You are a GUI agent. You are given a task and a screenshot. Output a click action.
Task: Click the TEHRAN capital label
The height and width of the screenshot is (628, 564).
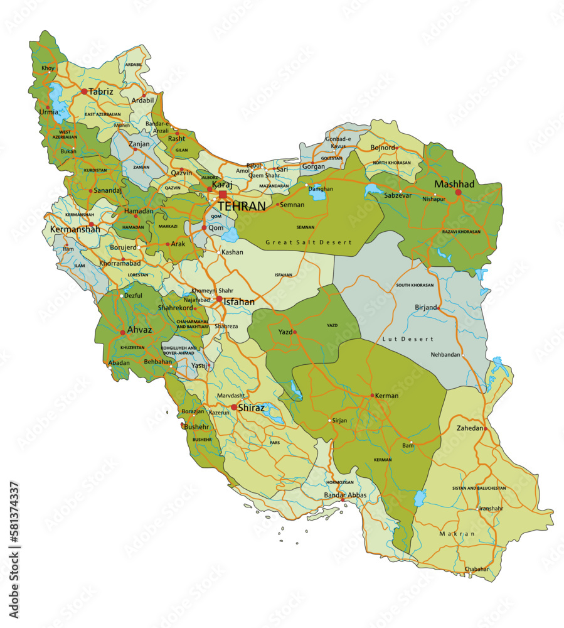(x=242, y=205)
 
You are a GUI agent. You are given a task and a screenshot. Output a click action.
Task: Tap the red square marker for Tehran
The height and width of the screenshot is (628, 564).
(x=223, y=195)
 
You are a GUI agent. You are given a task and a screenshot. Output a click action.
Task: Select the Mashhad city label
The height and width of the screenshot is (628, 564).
(x=454, y=184)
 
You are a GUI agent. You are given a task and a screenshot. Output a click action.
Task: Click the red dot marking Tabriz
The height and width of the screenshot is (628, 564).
(x=84, y=92)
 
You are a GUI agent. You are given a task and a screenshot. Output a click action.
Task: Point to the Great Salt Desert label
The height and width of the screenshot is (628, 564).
(x=308, y=242)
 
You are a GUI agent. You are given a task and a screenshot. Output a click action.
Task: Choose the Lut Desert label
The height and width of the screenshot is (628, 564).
(x=408, y=339)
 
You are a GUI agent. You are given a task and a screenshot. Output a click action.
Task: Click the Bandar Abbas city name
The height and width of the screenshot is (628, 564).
(x=344, y=495)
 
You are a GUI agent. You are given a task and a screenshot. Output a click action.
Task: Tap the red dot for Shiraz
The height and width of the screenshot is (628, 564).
(x=234, y=407)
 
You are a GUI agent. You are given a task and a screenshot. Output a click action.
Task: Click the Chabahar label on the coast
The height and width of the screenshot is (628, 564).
(x=476, y=569)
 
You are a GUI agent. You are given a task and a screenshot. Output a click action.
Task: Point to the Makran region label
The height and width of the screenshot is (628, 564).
(x=457, y=533)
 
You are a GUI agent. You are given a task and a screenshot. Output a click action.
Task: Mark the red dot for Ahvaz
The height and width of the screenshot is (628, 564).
(x=122, y=333)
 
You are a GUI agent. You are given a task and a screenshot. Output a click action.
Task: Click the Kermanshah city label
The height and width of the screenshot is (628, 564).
(x=75, y=230)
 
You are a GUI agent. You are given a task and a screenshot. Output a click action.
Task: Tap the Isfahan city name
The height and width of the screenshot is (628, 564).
(x=239, y=302)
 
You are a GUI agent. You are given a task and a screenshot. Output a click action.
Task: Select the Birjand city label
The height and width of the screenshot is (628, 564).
(x=426, y=307)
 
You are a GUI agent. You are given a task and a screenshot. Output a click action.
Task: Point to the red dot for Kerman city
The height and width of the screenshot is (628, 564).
(x=372, y=396)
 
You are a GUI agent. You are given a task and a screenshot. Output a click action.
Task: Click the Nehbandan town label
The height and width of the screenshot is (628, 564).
(x=445, y=354)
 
